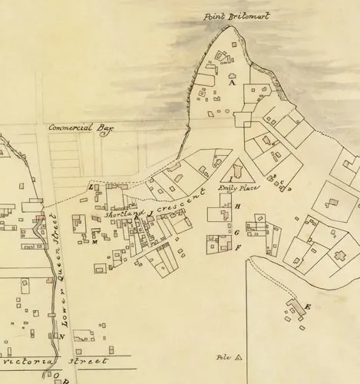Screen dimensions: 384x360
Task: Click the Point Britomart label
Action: (237, 16)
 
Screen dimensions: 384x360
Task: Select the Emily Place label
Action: (239, 188)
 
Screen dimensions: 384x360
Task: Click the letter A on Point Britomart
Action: (231, 84)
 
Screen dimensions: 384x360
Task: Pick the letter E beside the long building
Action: (307, 307)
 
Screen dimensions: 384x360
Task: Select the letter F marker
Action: (237, 247)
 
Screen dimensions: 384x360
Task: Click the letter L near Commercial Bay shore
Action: (91, 187)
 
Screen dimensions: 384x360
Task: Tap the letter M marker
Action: (94, 243)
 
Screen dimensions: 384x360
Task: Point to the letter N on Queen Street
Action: (61, 336)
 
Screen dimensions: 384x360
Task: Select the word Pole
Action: (223, 357)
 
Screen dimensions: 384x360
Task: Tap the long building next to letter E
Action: (294, 307)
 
